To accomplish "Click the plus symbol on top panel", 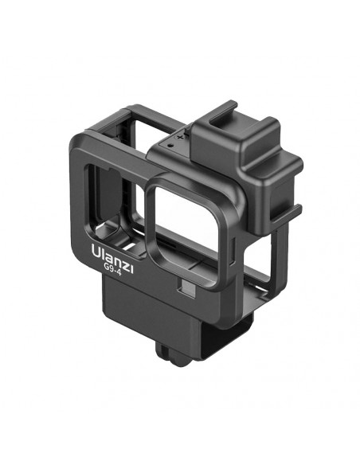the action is pyautogui.click(x=180, y=137).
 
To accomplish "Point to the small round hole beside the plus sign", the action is pyautogui.click(x=170, y=146).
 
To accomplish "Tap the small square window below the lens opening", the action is pyautogui.click(x=186, y=288).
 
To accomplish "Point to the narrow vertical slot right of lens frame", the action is pyautogui.click(x=232, y=249).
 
